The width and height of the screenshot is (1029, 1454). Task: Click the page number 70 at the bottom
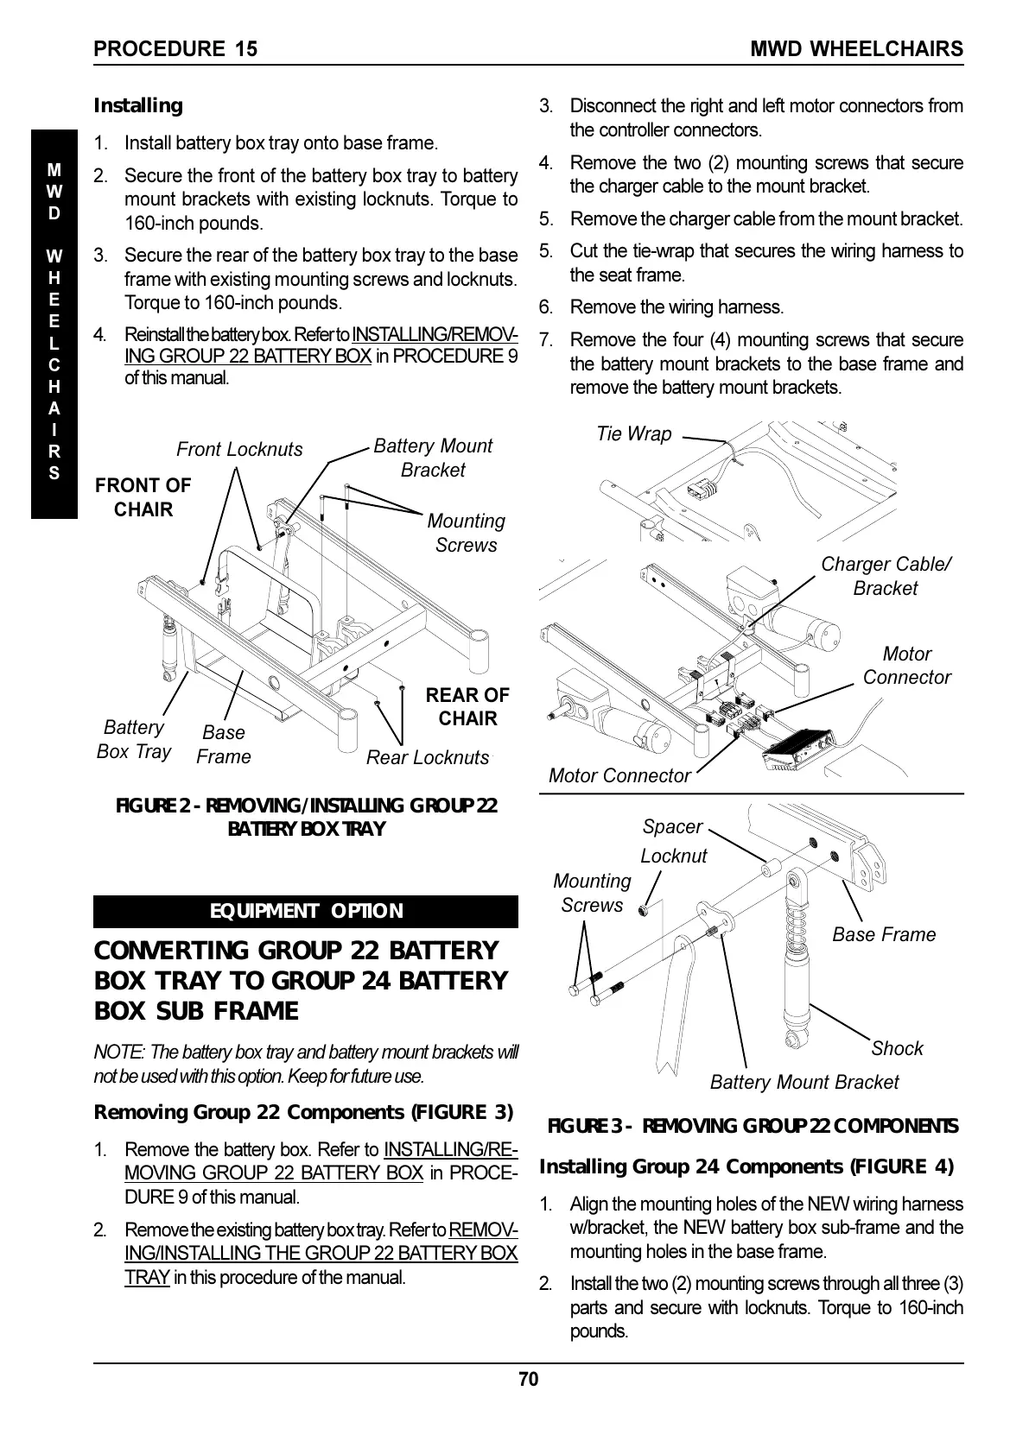pyautogui.click(x=528, y=1379)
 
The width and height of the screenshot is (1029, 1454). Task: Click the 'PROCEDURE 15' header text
pyautogui.click(x=175, y=48)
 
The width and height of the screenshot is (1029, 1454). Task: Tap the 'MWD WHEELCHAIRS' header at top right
pyautogui.click(x=856, y=48)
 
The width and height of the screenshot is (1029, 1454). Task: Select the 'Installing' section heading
pyautogui.click(x=138, y=105)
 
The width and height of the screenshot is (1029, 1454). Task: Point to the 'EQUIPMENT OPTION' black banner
pyautogui.click(x=306, y=911)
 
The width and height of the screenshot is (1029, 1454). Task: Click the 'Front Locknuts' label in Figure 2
pyautogui.click(x=239, y=449)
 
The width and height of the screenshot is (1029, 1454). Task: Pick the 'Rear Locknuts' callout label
pyautogui.click(x=427, y=757)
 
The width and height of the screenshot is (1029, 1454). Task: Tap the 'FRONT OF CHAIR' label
pyautogui.click(x=143, y=497)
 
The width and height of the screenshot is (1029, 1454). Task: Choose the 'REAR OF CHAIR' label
pyautogui.click(x=467, y=706)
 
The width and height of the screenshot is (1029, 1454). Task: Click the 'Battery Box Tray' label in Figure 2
pyautogui.click(x=134, y=739)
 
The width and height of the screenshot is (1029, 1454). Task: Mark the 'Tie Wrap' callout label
pyautogui.click(x=633, y=433)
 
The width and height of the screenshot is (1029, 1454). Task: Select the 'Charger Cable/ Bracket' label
pyautogui.click(x=885, y=576)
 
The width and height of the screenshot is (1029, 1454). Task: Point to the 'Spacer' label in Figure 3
pyautogui.click(x=672, y=826)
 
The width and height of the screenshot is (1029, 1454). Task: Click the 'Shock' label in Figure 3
pyautogui.click(x=897, y=1048)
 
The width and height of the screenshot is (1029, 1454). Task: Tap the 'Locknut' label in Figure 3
pyautogui.click(x=673, y=856)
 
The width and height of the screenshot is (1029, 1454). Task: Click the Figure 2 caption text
pyautogui.click(x=307, y=817)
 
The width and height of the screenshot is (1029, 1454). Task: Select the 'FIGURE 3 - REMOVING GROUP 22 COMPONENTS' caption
pyautogui.click(x=753, y=1126)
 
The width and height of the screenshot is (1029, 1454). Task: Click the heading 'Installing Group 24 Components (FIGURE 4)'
pyautogui.click(x=746, y=1166)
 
